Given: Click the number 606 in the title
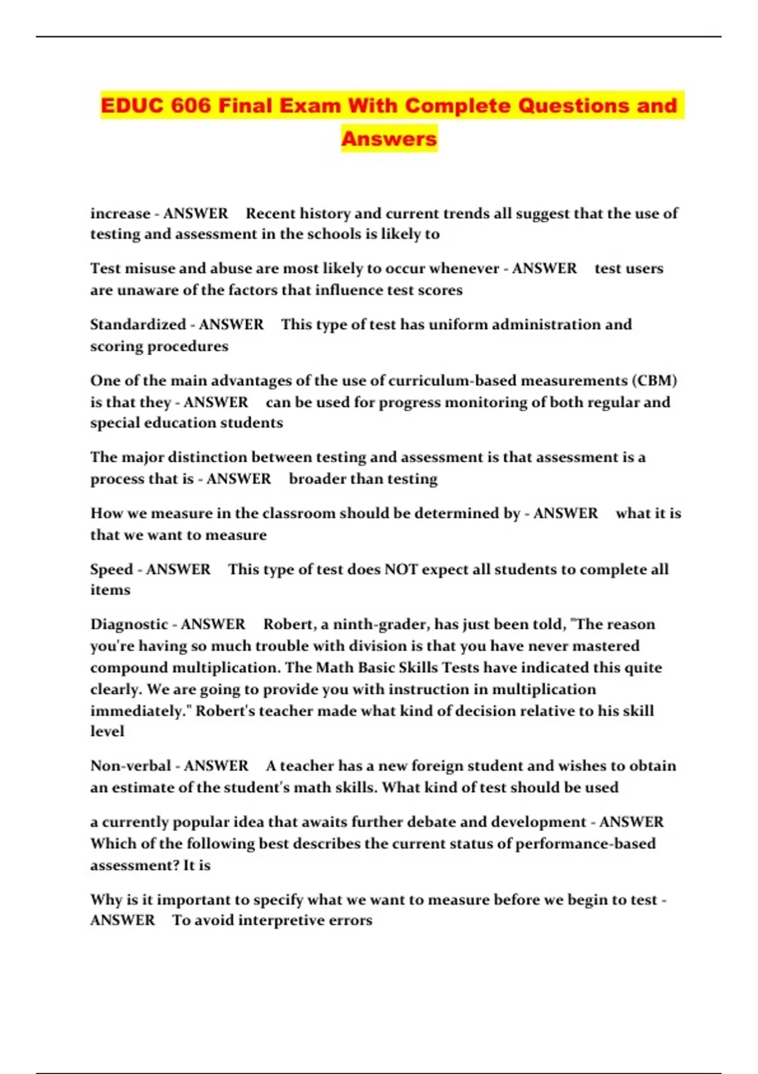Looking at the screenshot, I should point(190,106).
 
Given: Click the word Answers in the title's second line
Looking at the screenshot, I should point(389,139).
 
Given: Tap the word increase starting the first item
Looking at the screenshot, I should point(120,214).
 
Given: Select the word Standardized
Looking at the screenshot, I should point(138,325).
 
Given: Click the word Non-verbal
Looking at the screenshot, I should point(130,766).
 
